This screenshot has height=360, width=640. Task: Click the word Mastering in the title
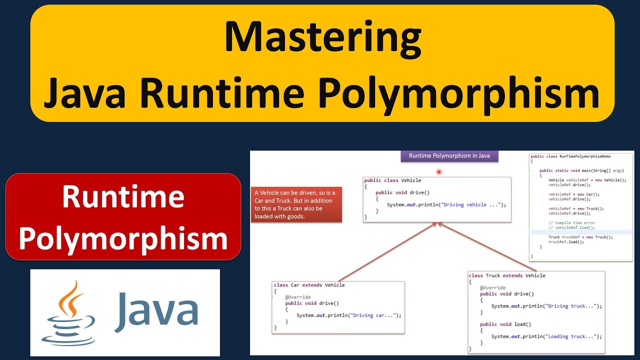pyautogui.click(x=322, y=37)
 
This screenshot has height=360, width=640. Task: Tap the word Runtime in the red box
pyautogui.click(x=123, y=197)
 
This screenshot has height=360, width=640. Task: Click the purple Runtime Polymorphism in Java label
pyautogui.click(x=449, y=156)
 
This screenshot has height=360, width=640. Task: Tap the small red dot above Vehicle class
pyautogui.click(x=438, y=172)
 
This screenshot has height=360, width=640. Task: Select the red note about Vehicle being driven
pyautogui.click(x=296, y=205)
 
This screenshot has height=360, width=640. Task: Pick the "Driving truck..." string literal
pyautogui.click(x=572, y=306)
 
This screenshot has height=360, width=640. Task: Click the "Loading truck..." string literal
pyautogui.click(x=572, y=336)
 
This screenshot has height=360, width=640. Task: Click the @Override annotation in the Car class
pyautogui.click(x=297, y=297)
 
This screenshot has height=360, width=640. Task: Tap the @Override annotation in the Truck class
pyautogui.click(x=492, y=288)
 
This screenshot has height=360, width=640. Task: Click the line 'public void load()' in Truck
pyautogui.click(x=505, y=324)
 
